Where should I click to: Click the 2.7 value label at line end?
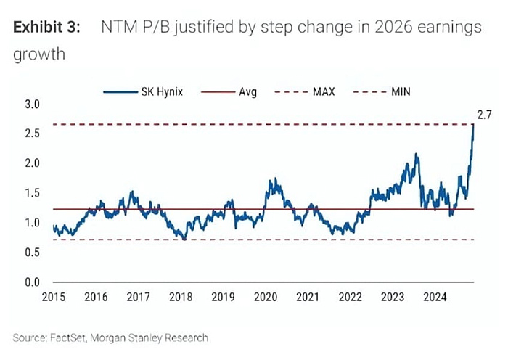pos(485,115)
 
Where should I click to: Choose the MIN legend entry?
pos(401,92)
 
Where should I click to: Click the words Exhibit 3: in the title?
pos(48,27)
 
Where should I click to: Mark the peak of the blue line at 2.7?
pos(474,125)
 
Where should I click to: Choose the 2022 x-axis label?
pos(350,296)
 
